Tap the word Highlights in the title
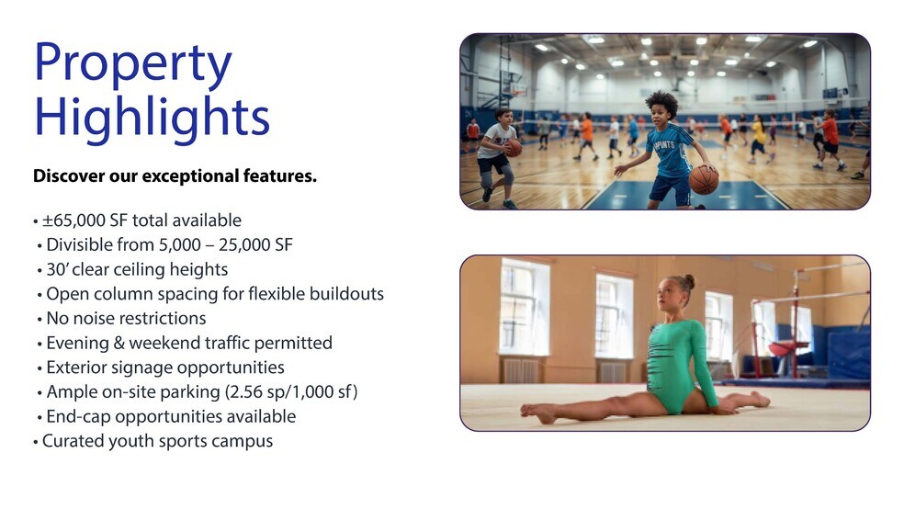(x=153, y=117)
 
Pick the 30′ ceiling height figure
(x=57, y=269)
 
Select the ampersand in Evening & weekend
(x=119, y=343)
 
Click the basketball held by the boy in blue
(x=704, y=180)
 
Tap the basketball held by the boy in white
(x=514, y=149)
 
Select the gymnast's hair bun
(x=689, y=282)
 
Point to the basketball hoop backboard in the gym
(x=514, y=83)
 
